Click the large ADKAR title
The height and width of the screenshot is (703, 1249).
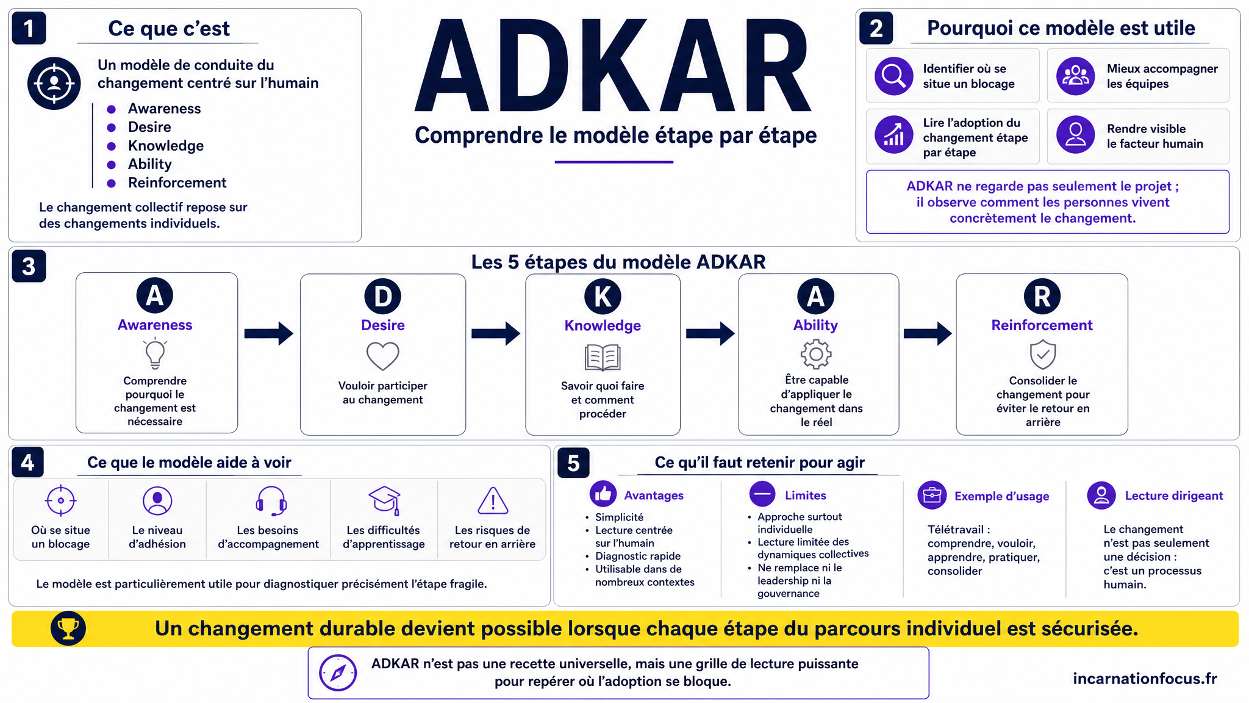[x=614, y=66]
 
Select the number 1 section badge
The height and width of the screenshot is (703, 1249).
[x=29, y=28]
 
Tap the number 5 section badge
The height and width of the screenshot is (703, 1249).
[x=573, y=463]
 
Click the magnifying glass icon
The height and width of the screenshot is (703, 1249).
[x=893, y=76]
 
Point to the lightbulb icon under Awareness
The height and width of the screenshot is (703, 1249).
[x=155, y=353]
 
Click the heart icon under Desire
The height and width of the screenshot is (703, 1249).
[x=382, y=356]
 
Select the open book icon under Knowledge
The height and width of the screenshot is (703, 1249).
[x=603, y=358]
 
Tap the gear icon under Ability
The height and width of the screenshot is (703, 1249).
[x=816, y=354]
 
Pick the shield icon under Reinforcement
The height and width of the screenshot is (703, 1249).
[x=1043, y=354]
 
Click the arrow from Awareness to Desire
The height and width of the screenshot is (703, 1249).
[x=269, y=333]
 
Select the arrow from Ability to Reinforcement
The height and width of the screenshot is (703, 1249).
[x=928, y=333]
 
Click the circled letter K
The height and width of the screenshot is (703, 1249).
[x=603, y=297]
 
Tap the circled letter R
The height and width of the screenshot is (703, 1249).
[x=1042, y=297]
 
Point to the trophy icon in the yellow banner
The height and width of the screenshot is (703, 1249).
[x=68, y=629]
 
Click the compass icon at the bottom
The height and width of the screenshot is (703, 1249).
[x=338, y=672]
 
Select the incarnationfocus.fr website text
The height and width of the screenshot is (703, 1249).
[x=1145, y=679]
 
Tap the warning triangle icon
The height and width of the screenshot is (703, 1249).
[x=493, y=501]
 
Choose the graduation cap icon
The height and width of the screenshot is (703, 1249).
[x=385, y=500]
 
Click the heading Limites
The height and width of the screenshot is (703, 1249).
[x=805, y=496]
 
